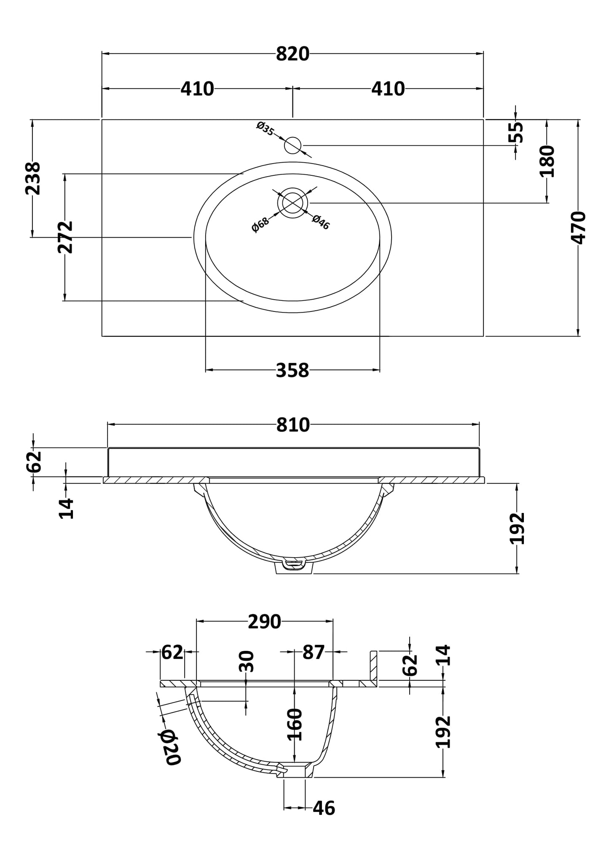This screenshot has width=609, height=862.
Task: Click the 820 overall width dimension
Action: tap(292, 54)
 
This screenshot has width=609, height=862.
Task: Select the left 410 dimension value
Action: tap(197, 89)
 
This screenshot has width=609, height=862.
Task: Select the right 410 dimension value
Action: tap(388, 89)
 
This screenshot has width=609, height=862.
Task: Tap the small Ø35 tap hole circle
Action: tap(292, 145)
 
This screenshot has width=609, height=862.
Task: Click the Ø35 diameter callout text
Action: tap(265, 128)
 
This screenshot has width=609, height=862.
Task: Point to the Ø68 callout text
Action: tap(260, 224)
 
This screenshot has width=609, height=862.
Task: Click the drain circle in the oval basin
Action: tap(292, 203)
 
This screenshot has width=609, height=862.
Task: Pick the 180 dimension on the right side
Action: tap(547, 161)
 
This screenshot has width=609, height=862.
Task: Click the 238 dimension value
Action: tap(33, 178)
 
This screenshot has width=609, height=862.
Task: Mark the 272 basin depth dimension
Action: tap(65, 237)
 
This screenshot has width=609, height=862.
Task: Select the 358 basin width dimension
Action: tap(292, 371)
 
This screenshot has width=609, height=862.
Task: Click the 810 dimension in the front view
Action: tap(293, 425)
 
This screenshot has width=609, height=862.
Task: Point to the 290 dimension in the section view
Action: tap(264, 622)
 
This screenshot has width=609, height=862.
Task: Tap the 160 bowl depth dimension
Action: tap(295, 725)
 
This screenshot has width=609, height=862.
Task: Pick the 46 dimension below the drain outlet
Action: tap(324, 808)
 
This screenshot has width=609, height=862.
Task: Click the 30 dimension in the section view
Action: tap(247, 661)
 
